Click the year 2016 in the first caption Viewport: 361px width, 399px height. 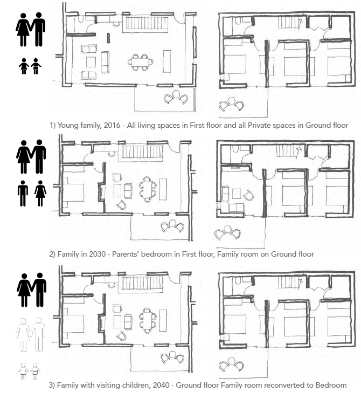pos(112,125)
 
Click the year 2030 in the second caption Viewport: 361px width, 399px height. pos(97,254)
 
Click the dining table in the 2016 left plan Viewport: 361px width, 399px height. pos(140,62)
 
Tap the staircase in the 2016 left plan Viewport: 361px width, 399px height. pos(145,23)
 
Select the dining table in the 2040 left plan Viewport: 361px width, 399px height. pos(147,320)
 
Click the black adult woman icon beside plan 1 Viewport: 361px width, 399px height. pos(23,30)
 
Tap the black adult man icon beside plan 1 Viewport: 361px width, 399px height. pos(38,29)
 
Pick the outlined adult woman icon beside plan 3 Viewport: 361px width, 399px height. pos(23,335)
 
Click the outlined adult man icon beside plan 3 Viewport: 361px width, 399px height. pos(38,334)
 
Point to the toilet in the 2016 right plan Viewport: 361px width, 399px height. pos(238,21)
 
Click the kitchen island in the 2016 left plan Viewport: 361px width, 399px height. pos(167,61)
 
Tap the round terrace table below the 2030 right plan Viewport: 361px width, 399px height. pos(228,229)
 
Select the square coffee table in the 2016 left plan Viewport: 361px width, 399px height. pos(91,62)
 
